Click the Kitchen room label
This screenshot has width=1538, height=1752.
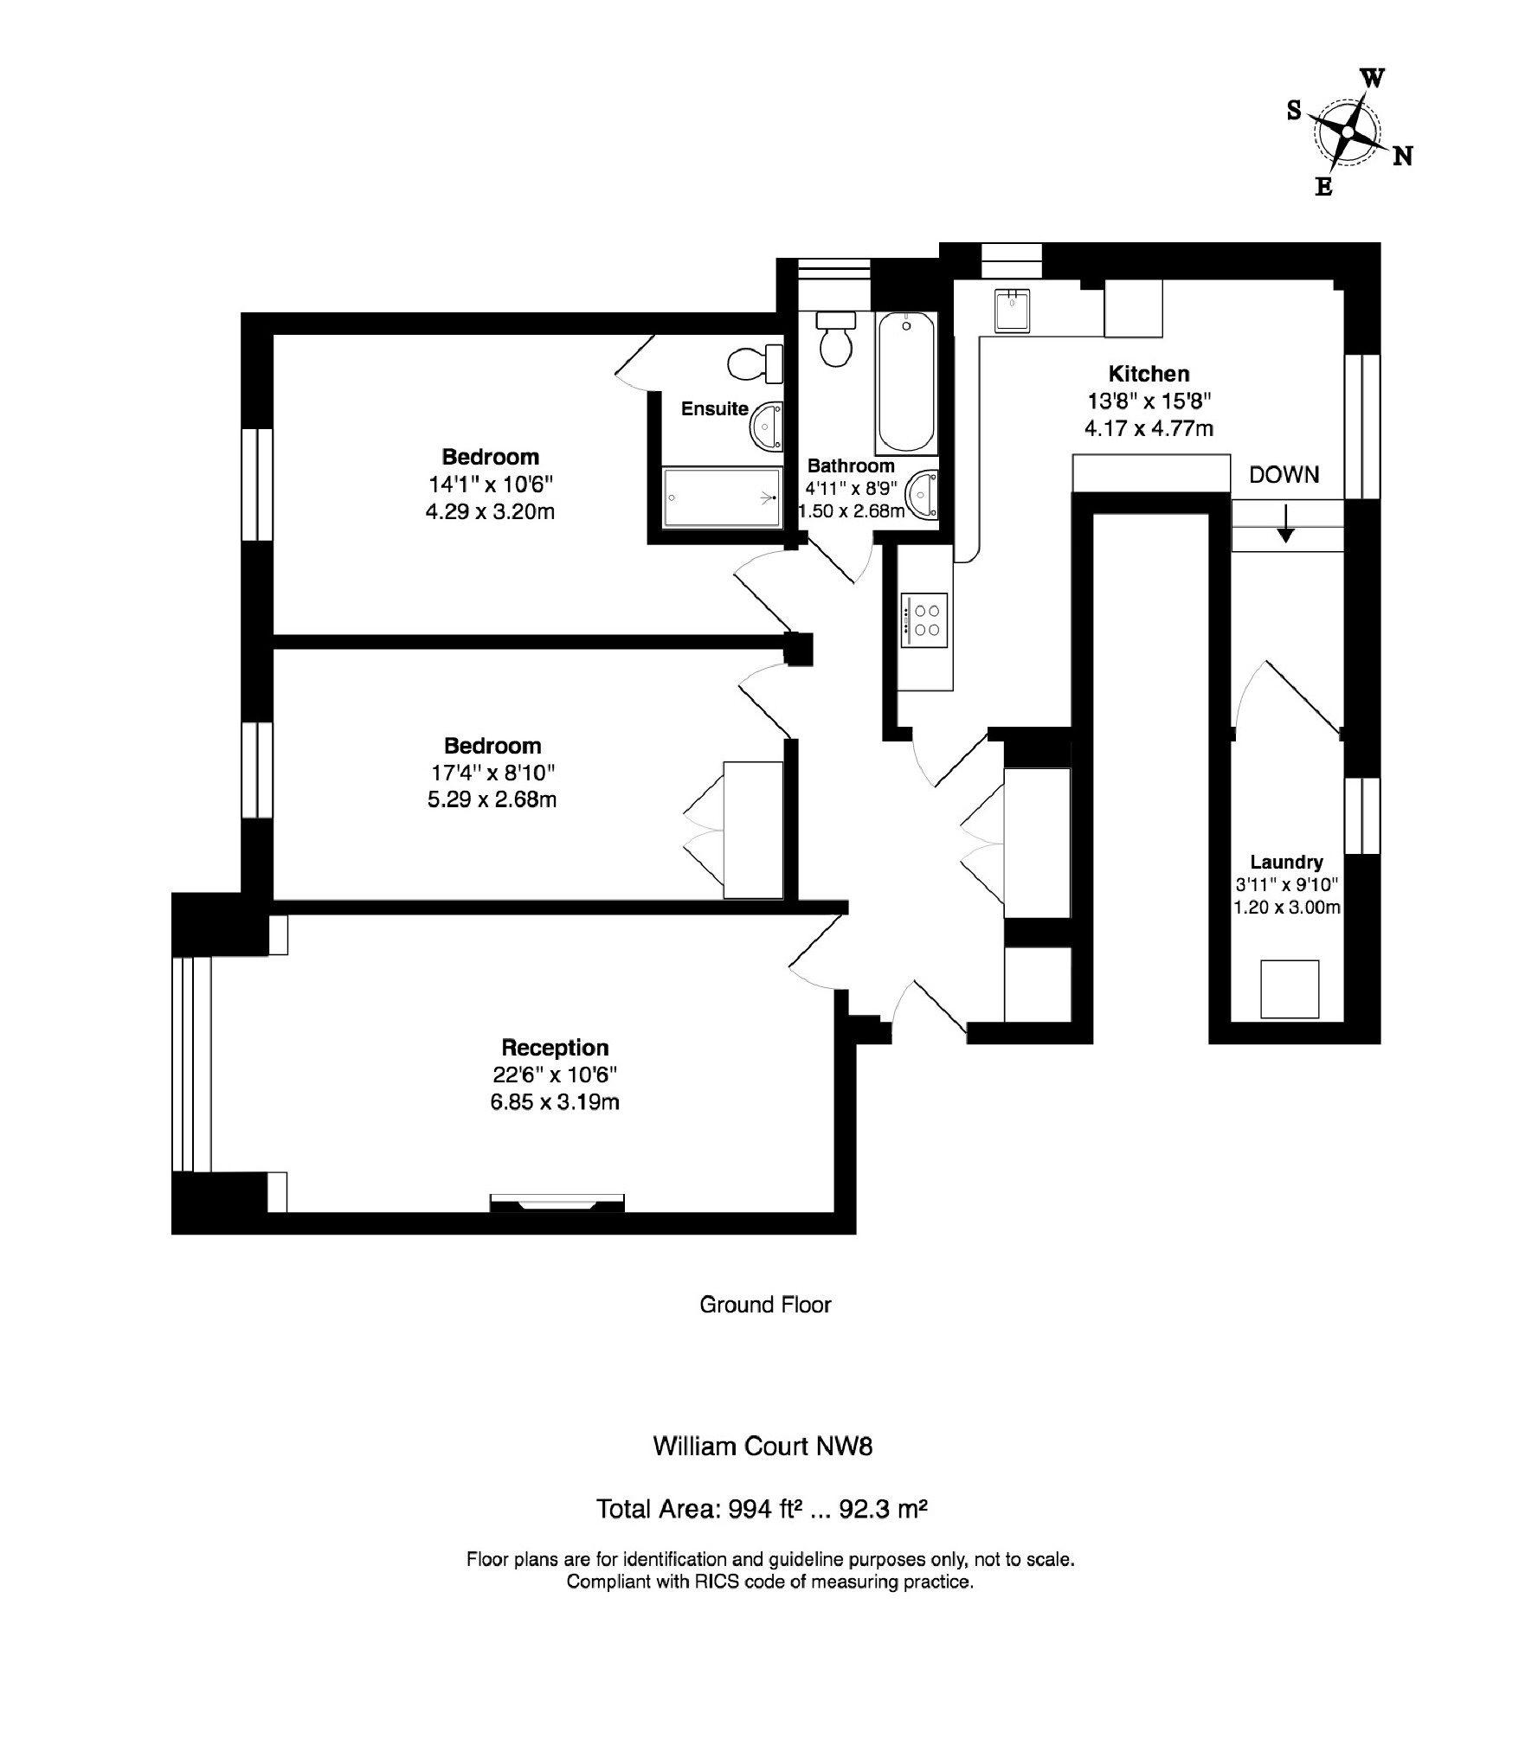[1149, 374]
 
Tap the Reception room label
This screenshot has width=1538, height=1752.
[555, 1048]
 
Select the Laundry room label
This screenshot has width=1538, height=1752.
[1286, 862]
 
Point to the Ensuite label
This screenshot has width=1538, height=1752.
[714, 408]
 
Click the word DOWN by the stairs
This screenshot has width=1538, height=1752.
[1284, 474]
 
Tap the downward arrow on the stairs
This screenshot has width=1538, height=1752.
[1286, 524]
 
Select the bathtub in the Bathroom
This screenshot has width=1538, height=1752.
[906, 382]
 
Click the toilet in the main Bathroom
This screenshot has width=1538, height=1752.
[836, 338]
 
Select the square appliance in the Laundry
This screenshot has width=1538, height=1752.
[1290, 989]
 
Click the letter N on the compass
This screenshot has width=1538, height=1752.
[1403, 156]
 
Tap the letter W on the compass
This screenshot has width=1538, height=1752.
[1373, 79]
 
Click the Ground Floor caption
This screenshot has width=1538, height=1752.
[765, 1329]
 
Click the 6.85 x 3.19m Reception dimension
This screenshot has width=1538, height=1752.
[555, 1102]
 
